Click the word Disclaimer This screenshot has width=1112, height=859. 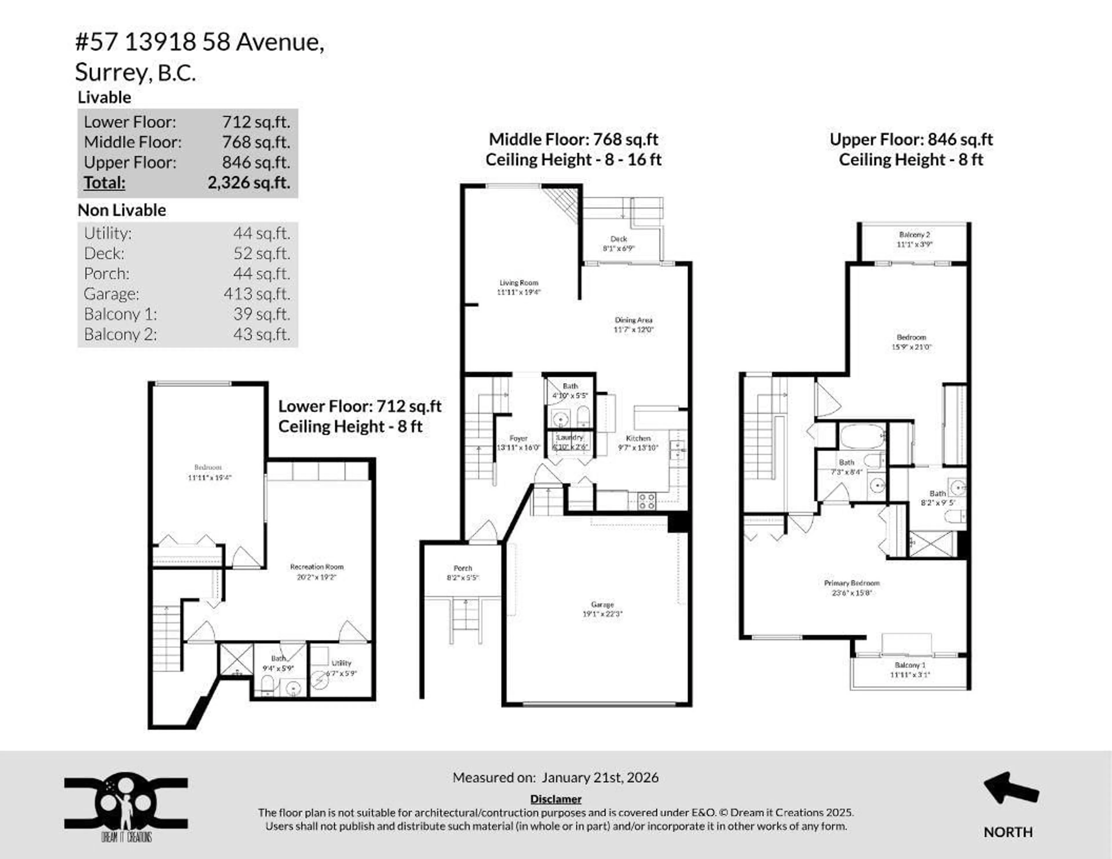click(x=555, y=799)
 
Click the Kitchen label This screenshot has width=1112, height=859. click(x=638, y=438)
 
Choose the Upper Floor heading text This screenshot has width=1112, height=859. click(x=911, y=140)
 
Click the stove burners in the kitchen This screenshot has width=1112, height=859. click(x=647, y=501)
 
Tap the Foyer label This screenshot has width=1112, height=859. click(x=518, y=438)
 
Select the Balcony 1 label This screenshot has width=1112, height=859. click(x=910, y=665)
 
